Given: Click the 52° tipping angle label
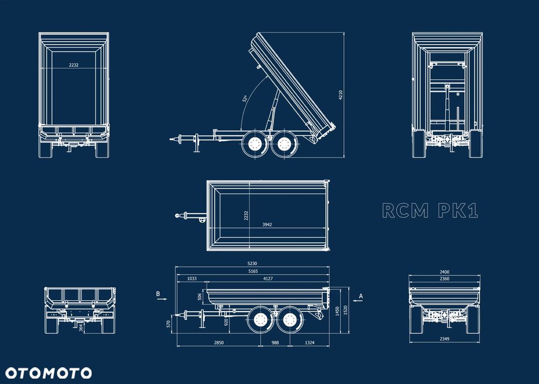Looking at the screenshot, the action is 245,99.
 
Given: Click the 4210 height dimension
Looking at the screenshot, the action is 341,95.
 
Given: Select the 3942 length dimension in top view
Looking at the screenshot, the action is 267,225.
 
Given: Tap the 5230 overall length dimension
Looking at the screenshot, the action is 252,264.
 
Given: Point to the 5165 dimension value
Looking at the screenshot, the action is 253,271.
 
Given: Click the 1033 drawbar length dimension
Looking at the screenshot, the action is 192,279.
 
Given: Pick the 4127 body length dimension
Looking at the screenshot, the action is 268,279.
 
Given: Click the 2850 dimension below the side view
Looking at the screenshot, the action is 219,342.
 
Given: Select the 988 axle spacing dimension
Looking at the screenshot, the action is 275,342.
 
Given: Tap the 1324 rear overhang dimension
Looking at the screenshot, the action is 309,342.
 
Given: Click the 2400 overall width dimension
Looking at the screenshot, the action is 445,272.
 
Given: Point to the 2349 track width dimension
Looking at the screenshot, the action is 445,339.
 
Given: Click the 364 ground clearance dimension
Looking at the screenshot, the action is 80,327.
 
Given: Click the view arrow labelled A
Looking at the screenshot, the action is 358,300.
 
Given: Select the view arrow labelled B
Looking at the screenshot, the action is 162,299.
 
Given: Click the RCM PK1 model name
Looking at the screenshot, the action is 430,210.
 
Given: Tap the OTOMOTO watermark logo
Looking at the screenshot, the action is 49,373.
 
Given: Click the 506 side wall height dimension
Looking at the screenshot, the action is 200,297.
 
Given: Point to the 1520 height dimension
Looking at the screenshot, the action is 345,310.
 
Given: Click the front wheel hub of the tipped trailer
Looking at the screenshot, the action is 255,143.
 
